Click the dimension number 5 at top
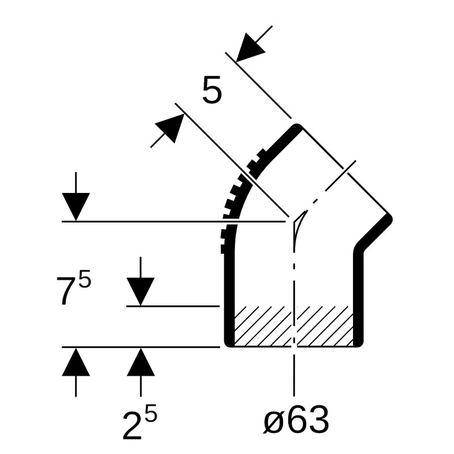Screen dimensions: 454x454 tap(212, 90)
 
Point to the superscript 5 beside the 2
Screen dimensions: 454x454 tap(150, 414)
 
